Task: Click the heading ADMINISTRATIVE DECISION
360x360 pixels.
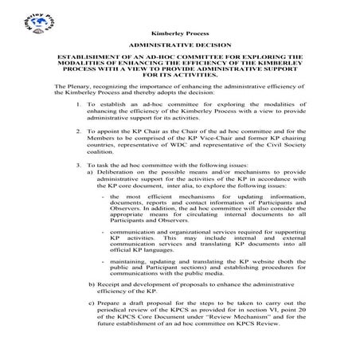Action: coord(179,47)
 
